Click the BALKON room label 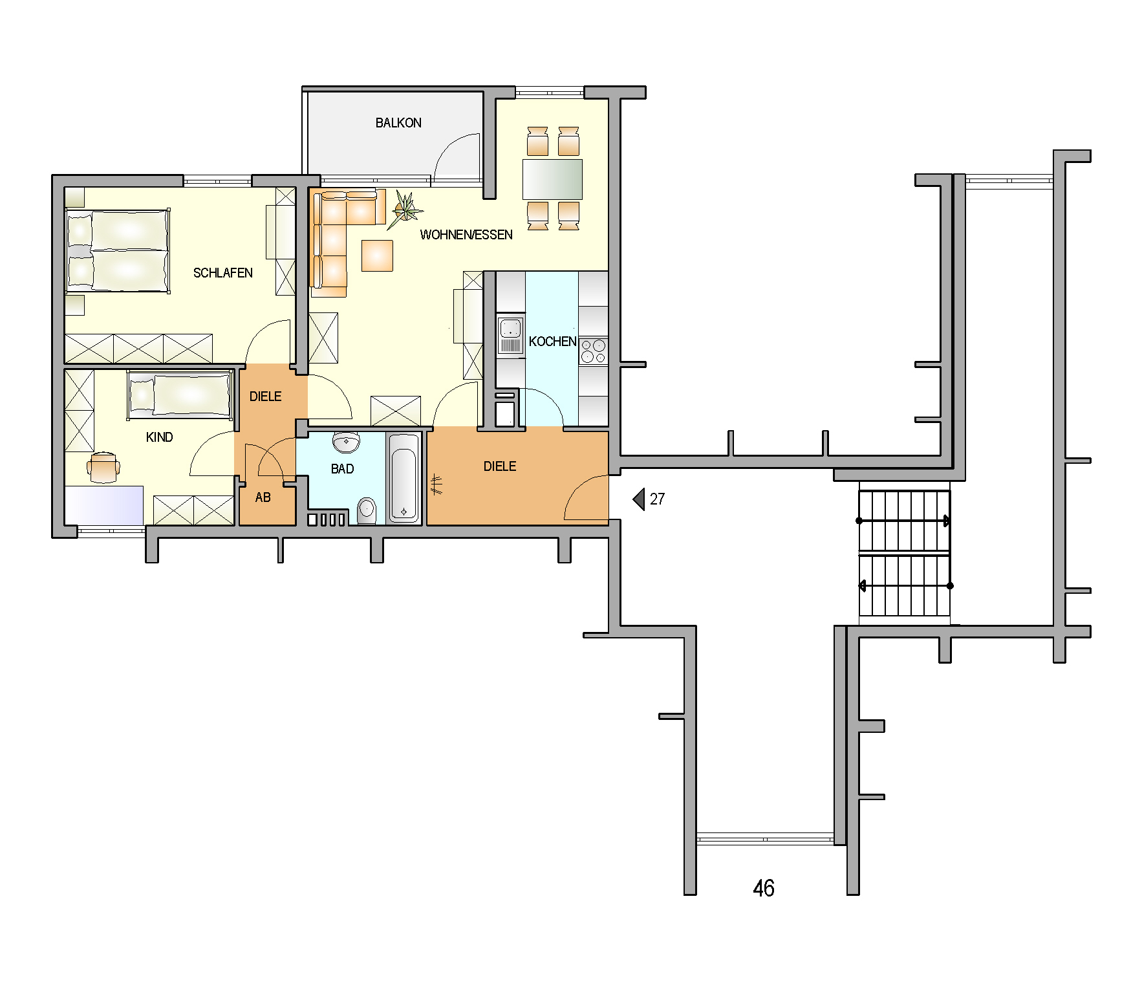click(x=398, y=123)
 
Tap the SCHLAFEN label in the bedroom click(x=223, y=273)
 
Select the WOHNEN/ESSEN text click(x=466, y=235)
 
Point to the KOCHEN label click(x=552, y=342)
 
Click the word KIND click(x=159, y=437)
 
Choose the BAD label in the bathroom click(x=342, y=469)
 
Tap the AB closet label click(x=263, y=497)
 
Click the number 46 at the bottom click(x=764, y=888)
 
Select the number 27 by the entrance click(x=657, y=499)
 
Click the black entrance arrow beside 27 click(x=639, y=499)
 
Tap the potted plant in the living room click(x=405, y=208)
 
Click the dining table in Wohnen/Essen click(x=552, y=179)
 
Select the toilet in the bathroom click(x=367, y=510)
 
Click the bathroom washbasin click(x=347, y=442)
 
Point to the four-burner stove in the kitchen click(x=593, y=351)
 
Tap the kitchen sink click(x=510, y=334)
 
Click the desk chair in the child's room click(x=103, y=467)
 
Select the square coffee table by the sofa click(x=377, y=255)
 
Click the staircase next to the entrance click(x=904, y=553)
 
